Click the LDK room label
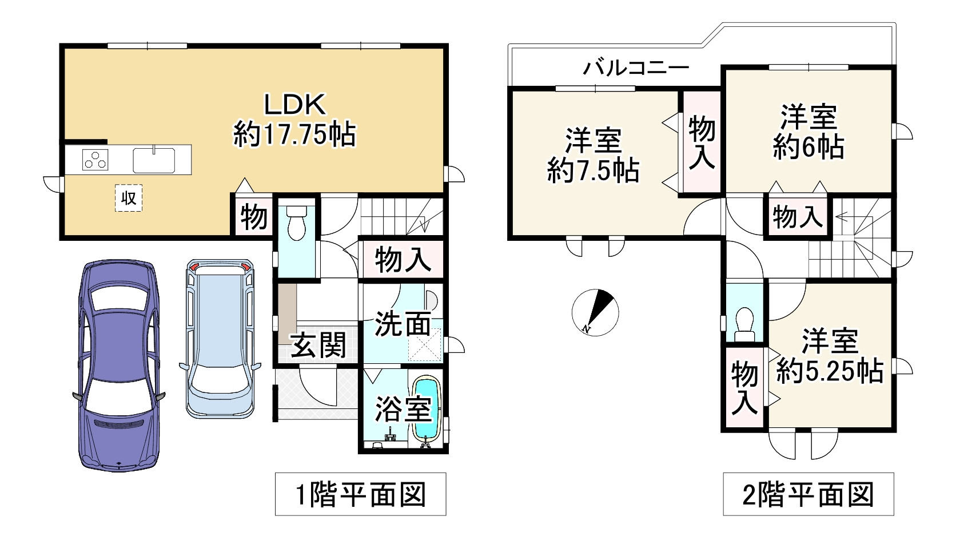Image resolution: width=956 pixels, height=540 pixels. (294, 105)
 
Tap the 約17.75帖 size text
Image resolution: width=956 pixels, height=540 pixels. (294, 135)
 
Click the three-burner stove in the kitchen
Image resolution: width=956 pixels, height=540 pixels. (95, 159)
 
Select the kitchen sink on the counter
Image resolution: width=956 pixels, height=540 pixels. (154, 160)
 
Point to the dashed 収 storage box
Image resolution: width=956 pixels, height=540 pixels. (128, 198)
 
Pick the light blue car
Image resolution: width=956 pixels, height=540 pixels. (220, 337)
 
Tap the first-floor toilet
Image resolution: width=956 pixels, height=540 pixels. (296, 223)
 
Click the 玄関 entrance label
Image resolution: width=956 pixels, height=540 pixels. (318, 346)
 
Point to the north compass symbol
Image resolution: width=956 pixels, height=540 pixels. (595, 312)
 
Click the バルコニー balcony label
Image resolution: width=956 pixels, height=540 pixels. (636, 69)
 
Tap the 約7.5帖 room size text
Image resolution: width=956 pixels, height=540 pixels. (593, 170)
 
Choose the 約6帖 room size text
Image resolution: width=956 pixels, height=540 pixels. (808, 148)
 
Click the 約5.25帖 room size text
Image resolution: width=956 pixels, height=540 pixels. (830, 372)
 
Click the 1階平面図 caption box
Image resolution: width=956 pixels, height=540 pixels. (360, 494)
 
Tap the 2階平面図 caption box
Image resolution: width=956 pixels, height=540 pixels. (808, 494)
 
